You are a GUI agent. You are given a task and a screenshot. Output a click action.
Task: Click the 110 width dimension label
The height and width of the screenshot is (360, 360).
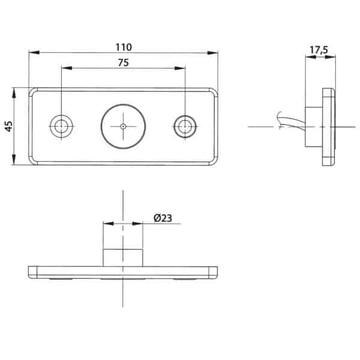pos(124,47)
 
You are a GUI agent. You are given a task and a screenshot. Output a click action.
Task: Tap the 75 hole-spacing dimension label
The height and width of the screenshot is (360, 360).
pos(124,62)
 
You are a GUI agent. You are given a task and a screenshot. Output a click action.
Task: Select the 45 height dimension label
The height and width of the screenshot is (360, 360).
pos(9,126)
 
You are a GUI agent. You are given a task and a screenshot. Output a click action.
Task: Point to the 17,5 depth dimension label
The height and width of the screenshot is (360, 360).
pos(319,50)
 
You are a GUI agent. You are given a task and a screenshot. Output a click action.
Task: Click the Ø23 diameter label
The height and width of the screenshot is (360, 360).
pos(163,218)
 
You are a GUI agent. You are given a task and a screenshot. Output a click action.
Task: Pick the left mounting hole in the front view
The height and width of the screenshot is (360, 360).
pos(61,127)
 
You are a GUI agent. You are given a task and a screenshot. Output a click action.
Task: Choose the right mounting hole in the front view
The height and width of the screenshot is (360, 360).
pos(185,127)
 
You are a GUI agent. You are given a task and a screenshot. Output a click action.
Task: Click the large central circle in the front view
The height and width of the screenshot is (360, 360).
pos(123,127)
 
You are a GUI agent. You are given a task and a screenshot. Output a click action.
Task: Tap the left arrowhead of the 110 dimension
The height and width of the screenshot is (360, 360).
pos(34,53)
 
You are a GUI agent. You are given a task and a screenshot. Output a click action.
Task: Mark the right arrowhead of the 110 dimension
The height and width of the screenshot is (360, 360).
pos(212,53)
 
